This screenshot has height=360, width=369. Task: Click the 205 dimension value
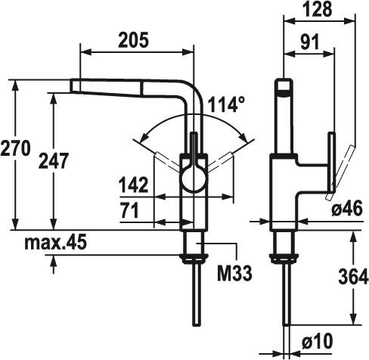click(x=134, y=40)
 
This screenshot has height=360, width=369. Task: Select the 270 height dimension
click(x=16, y=149)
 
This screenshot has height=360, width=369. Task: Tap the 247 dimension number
click(x=54, y=160)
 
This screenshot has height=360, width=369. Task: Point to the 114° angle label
click(x=226, y=104)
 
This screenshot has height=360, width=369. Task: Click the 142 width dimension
click(x=133, y=185)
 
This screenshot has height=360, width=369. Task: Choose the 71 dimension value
click(x=129, y=211)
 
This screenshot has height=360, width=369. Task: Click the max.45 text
click(x=56, y=242)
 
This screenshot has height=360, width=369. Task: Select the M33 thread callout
click(x=234, y=274)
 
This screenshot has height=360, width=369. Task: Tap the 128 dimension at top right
click(x=318, y=9)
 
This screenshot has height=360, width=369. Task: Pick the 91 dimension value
click(x=310, y=42)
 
